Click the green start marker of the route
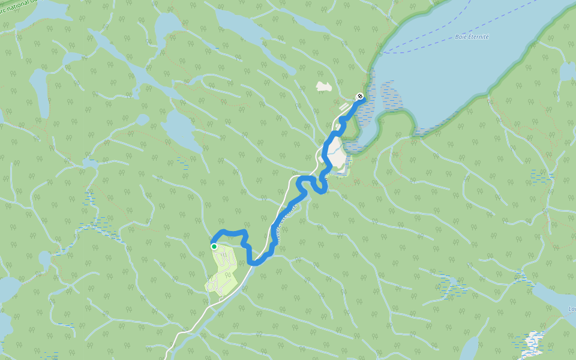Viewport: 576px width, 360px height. pyautogui.click(x=214, y=246)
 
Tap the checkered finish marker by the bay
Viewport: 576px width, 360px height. pyautogui.click(x=359, y=96)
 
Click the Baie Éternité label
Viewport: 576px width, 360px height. pyautogui.click(x=472, y=37)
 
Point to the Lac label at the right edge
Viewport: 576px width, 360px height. pyautogui.click(x=571, y=310)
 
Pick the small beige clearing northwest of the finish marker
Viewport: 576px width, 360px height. pyautogui.click(x=324, y=86)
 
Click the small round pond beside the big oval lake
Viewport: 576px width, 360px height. pyautogui.click(x=142, y=120)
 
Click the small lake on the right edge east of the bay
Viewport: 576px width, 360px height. pyautogui.click(x=566, y=72)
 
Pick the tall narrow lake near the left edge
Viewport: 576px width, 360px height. pyautogui.click(x=39, y=90)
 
